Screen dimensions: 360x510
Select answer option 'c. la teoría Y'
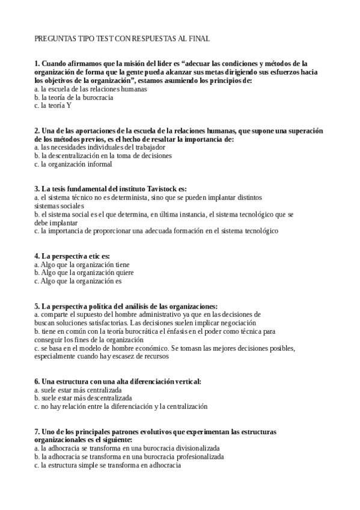point(53,105)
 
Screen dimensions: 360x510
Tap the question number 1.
point(37,63)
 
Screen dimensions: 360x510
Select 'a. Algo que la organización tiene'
point(82,264)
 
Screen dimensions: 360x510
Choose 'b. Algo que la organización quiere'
point(84,272)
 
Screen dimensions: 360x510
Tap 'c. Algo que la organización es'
point(78,281)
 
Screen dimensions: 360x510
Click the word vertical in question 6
point(186,381)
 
